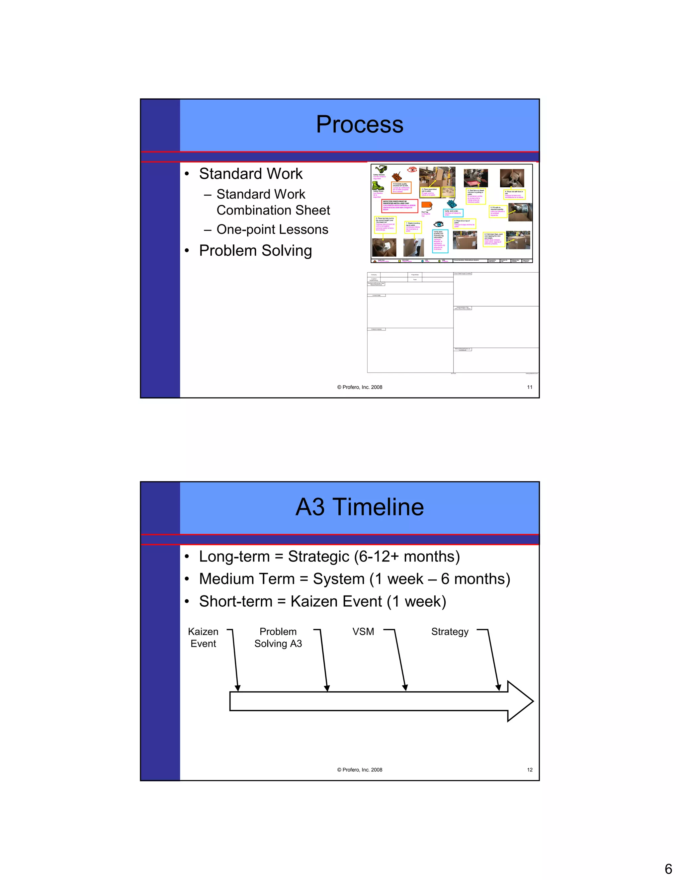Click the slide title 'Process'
[359, 124]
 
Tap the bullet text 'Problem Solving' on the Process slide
[255, 251]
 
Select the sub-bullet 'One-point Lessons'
[272, 229]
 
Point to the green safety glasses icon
[380, 170]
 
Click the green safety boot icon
[378, 186]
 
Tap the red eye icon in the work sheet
[412, 170]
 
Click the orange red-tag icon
[427, 206]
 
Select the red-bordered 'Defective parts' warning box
[399, 206]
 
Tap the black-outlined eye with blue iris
[438, 224]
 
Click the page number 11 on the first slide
[530, 387]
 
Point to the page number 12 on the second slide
[530, 770]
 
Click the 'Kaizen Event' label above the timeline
[203, 638]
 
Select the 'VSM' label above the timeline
[363, 631]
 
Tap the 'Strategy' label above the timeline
[450, 631]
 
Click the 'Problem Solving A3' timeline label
[278, 638]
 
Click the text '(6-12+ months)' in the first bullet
[407, 557]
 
